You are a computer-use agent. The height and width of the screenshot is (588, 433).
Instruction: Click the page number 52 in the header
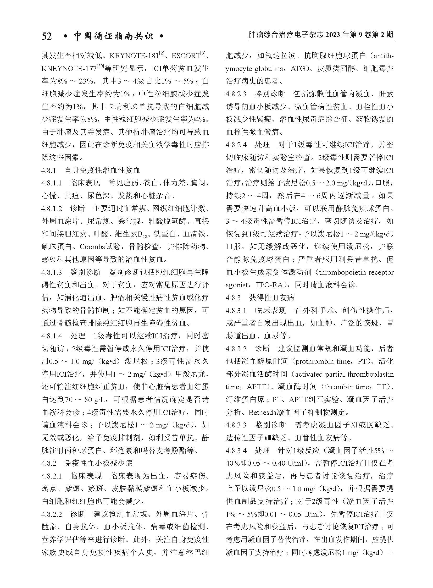(47, 36)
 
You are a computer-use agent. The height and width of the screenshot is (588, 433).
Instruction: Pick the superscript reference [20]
(100, 66)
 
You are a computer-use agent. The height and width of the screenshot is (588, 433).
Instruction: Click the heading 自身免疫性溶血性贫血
(102, 171)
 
